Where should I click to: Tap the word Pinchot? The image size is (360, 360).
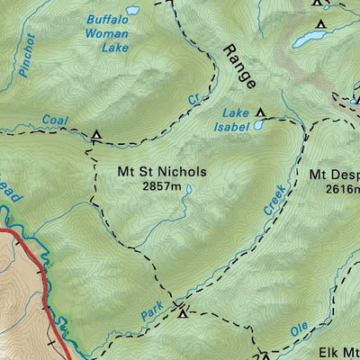pyautogui.click(x=25, y=55)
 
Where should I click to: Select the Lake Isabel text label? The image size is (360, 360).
pyautogui.click(x=236, y=119)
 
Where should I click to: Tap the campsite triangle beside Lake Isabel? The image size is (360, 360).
pyautogui.click(x=261, y=112)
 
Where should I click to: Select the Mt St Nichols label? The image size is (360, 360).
pyautogui.click(x=162, y=171)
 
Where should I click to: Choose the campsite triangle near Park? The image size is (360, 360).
pyautogui.click(x=183, y=312)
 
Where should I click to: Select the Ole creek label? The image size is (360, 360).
pyautogui.click(x=300, y=331)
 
